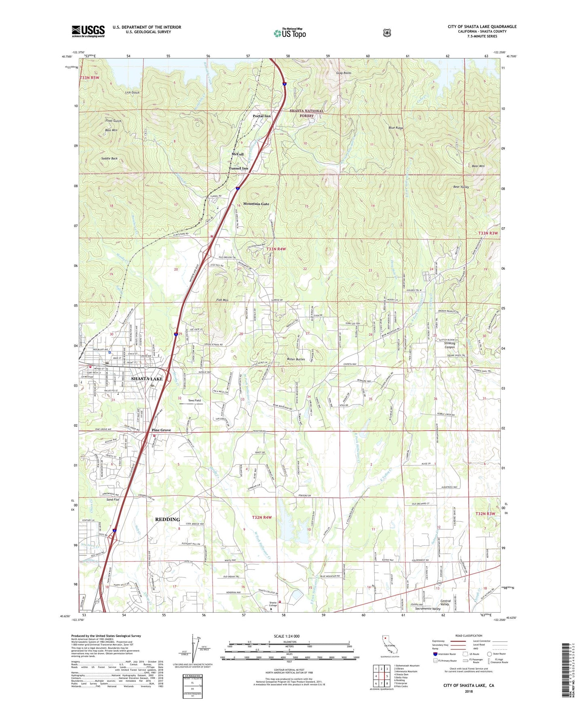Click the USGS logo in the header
tap(88, 31)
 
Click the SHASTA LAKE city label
tap(147, 379)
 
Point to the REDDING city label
tap(167, 519)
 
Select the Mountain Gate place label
tap(256, 204)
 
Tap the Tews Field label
tap(194, 400)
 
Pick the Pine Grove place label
tap(161, 430)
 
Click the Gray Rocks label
tap(344, 73)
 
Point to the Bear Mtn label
tap(478, 166)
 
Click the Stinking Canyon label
tap(449, 345)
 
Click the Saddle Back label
tap(109, 159)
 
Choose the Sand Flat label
tap(113, 500)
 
